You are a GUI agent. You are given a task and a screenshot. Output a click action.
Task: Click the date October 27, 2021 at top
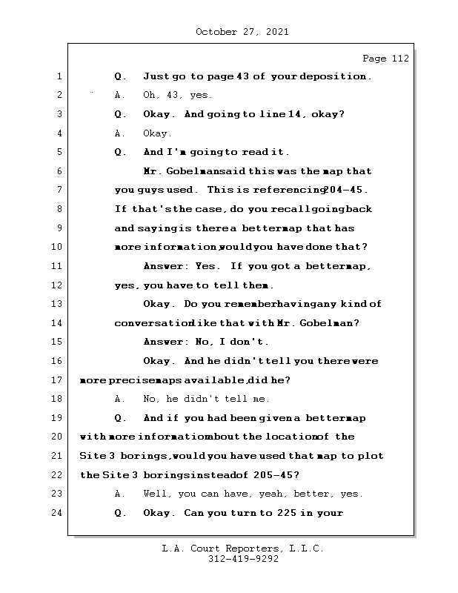(242, 32)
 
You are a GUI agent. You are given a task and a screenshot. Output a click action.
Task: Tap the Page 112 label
(385, 59)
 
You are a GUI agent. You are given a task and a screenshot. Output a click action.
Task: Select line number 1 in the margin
(59, 76)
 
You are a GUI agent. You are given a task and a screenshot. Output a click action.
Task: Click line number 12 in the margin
(56, 285)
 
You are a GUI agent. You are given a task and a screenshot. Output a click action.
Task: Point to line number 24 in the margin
(56, 513)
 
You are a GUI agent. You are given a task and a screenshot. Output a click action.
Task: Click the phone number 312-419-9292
(242, 560)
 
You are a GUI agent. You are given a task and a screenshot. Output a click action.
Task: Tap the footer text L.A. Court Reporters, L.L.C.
(242, 549)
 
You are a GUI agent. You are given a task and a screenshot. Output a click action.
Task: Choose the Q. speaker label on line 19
(121, 418)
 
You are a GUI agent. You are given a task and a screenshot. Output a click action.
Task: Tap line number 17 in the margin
(56, 380)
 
